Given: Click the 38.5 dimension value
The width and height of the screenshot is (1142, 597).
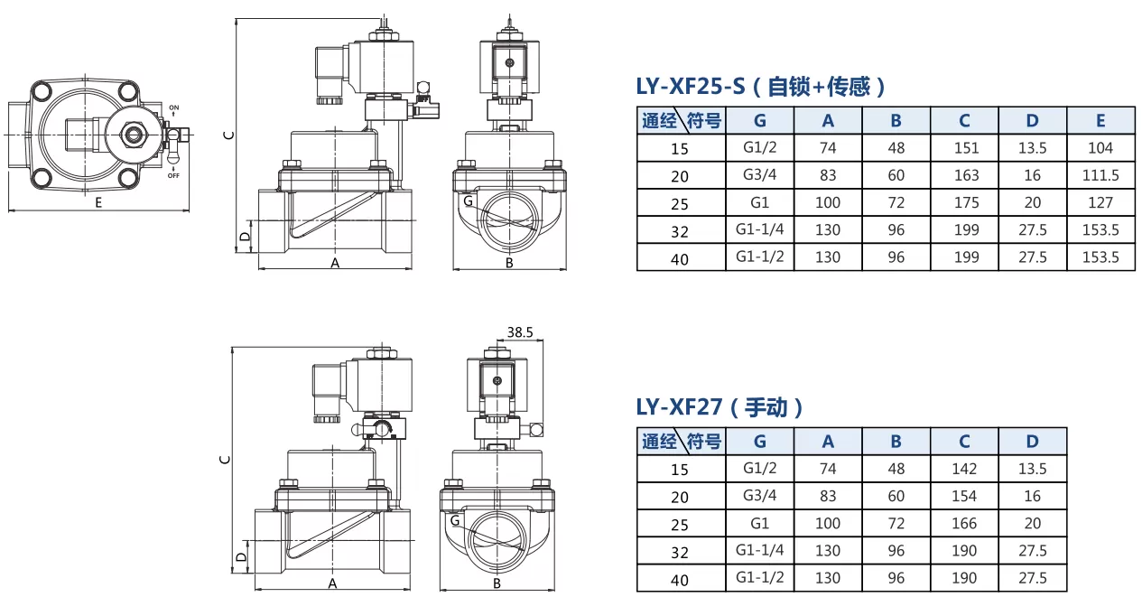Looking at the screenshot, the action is pyautogui.click(x=519, y=332).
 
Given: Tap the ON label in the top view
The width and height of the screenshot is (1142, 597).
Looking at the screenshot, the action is pyautogui.click(x=174, y=107).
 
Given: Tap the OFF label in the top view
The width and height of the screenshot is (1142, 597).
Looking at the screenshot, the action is pyautogui.click(x=173, y=175).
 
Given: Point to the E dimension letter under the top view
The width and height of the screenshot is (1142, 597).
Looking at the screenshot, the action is pyautogui.click(x=98, y=203).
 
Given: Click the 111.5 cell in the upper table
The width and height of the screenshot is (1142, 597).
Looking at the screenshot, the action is pyautogui.click(x=1100, y=175).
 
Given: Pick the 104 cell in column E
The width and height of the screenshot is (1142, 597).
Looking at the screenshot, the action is pyautogui.click(x=1100, y=148).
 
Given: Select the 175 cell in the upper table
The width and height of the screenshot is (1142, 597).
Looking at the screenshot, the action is pyautogui.click(x=966, y=202).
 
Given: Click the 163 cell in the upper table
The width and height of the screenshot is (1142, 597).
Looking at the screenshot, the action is pyautogui.click(x=966, y=175).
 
